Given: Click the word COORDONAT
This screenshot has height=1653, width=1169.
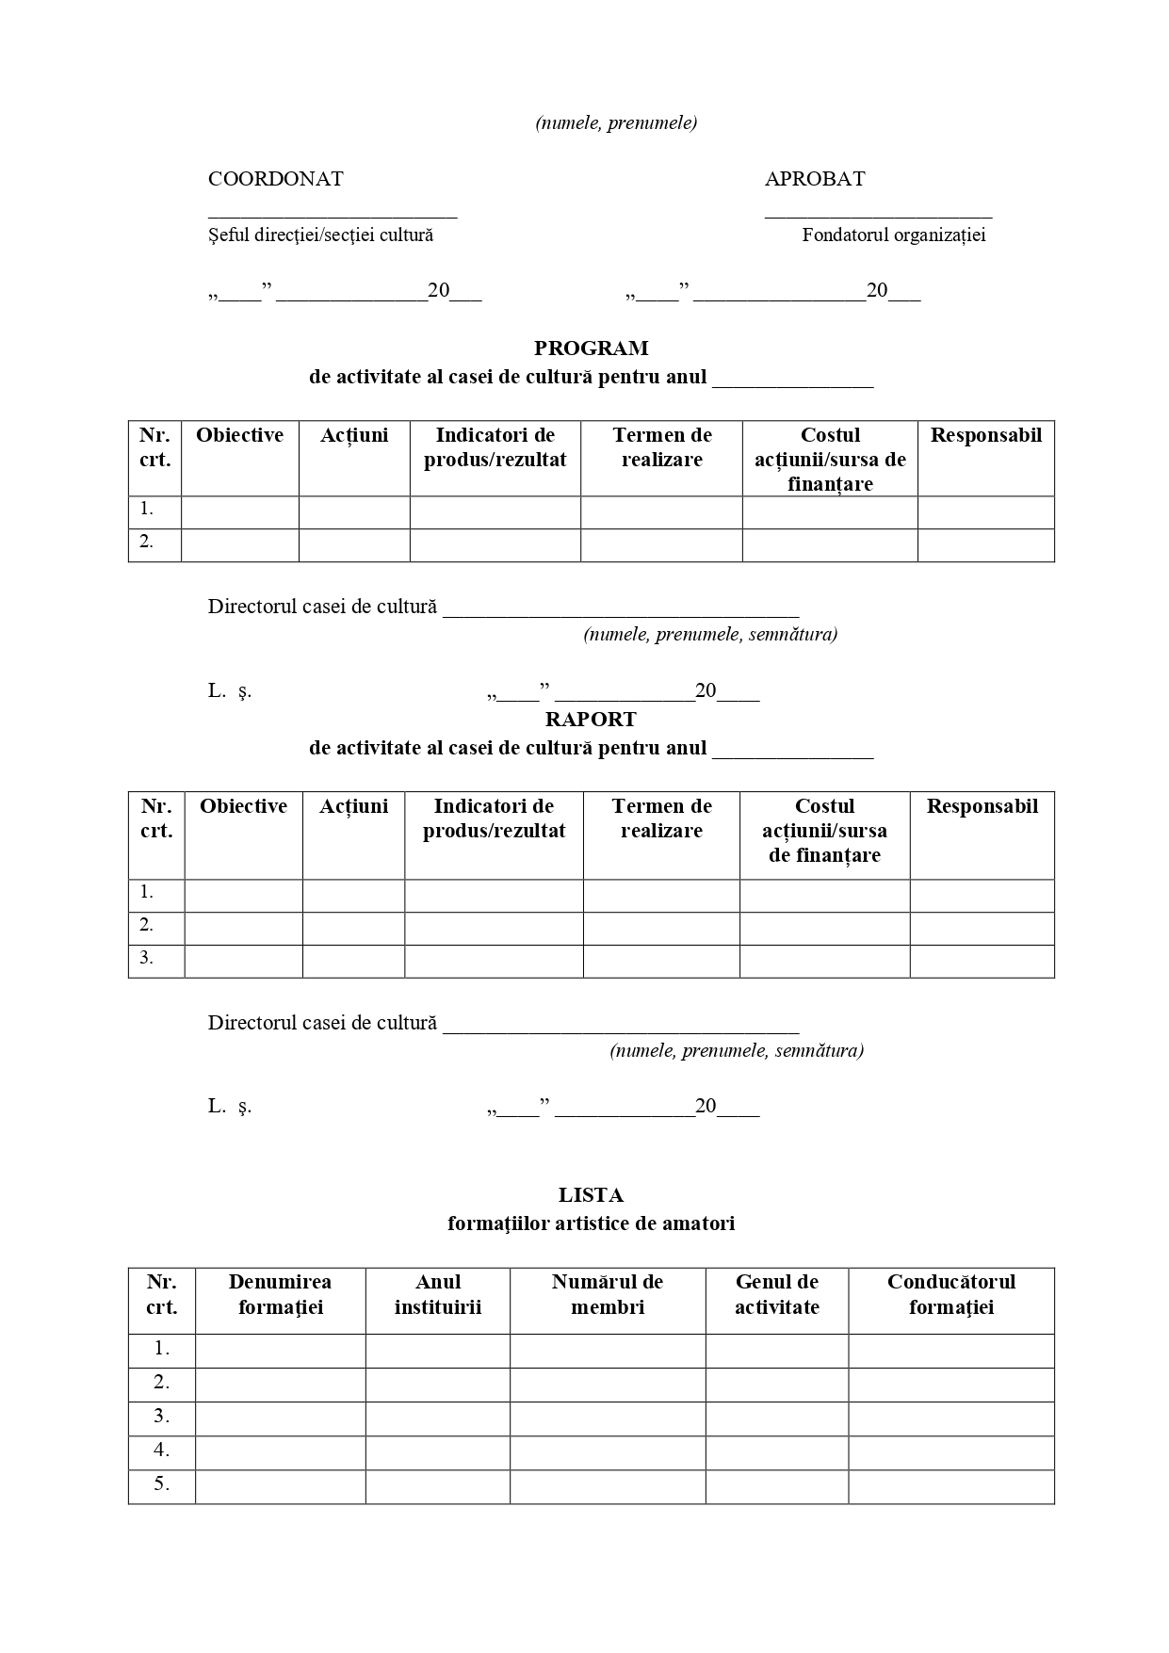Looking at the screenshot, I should point(275,179).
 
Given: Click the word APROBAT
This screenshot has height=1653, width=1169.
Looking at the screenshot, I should point(814,179).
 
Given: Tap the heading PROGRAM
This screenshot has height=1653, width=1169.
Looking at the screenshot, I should point(591,348).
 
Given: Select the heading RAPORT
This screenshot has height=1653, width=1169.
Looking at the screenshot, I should point(591,720).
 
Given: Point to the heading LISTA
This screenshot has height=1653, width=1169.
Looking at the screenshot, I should point(591,1195).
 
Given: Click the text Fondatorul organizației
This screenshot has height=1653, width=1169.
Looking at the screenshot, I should point(893,235).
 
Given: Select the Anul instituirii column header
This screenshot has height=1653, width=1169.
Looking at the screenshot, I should point(438,1294).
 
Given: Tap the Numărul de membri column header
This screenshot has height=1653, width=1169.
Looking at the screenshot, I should point(608,1294).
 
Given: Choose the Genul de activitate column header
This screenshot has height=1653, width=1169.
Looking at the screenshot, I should point(777,1294).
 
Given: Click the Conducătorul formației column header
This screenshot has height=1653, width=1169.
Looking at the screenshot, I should point(951,1294).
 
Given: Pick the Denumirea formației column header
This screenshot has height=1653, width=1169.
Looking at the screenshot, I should point(280,1294).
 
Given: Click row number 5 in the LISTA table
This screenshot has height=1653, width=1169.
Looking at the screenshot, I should point(162,1484).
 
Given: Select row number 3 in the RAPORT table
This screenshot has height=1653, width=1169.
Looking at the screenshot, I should point(147,958).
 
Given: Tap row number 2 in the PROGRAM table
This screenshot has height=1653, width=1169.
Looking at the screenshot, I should point(147,542).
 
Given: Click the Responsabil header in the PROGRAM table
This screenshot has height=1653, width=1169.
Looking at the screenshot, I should point(985,435).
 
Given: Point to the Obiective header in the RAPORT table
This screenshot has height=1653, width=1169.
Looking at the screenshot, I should point(243,806).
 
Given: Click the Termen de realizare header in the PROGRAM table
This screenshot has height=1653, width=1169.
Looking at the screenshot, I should point(661,447).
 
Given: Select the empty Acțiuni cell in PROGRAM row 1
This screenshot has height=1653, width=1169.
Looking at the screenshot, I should point(354,512).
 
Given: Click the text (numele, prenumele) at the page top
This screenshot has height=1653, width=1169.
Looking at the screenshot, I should point(616,123).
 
